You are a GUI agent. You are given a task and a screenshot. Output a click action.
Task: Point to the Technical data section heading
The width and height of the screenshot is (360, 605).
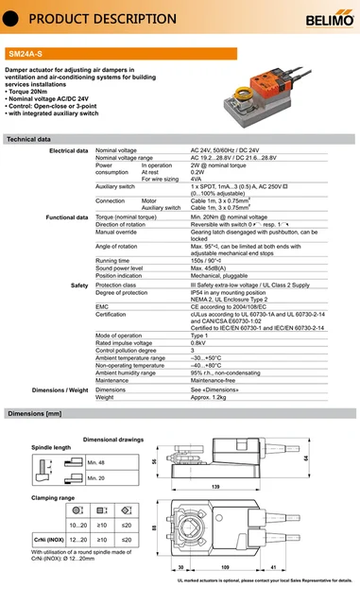(x=28, y=139)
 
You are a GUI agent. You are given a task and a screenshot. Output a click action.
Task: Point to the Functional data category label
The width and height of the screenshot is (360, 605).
(x=66, y=217)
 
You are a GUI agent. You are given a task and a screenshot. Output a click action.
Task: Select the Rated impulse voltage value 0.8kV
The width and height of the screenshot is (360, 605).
(x=198, y=342)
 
